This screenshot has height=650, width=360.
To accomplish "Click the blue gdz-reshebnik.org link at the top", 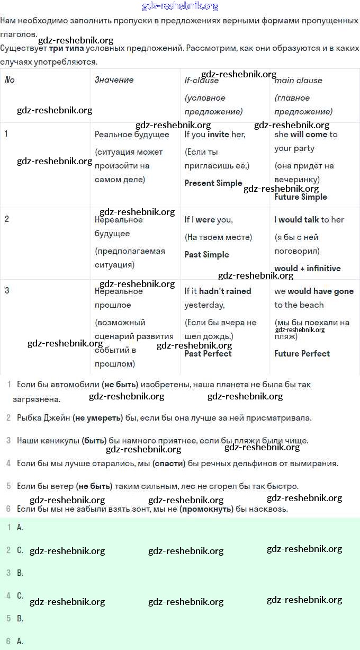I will point(180,6).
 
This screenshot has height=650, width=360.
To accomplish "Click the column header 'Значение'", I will point(114,80).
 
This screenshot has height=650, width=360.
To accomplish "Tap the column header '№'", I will point(10,80).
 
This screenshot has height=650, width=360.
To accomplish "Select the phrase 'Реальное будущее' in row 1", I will point(132,135).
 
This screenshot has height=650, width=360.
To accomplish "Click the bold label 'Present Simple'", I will point(213,183).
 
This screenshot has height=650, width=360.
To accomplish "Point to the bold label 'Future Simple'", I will point(301,197).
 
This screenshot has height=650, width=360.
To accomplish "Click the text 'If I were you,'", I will point(209,220).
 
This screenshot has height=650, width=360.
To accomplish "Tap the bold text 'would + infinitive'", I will point(308,269).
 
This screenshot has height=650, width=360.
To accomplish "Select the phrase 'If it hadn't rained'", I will point(218,291).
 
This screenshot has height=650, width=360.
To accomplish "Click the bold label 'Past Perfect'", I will point(208,354).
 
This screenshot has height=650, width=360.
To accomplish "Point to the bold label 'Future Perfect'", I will point(302,354).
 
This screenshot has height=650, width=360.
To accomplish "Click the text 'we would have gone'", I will point(314,291).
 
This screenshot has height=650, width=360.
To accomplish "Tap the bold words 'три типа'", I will point(66,48).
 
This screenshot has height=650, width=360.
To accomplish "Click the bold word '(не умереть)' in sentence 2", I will point(98,418).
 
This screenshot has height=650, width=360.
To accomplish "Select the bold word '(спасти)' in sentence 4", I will point(169,464).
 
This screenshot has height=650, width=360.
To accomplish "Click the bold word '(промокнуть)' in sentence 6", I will point(206,509).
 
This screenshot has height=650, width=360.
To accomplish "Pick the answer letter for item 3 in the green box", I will point(20,573).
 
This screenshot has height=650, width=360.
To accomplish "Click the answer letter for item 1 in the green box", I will point(20,527).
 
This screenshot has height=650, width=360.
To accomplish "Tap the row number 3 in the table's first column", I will point(6,291).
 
